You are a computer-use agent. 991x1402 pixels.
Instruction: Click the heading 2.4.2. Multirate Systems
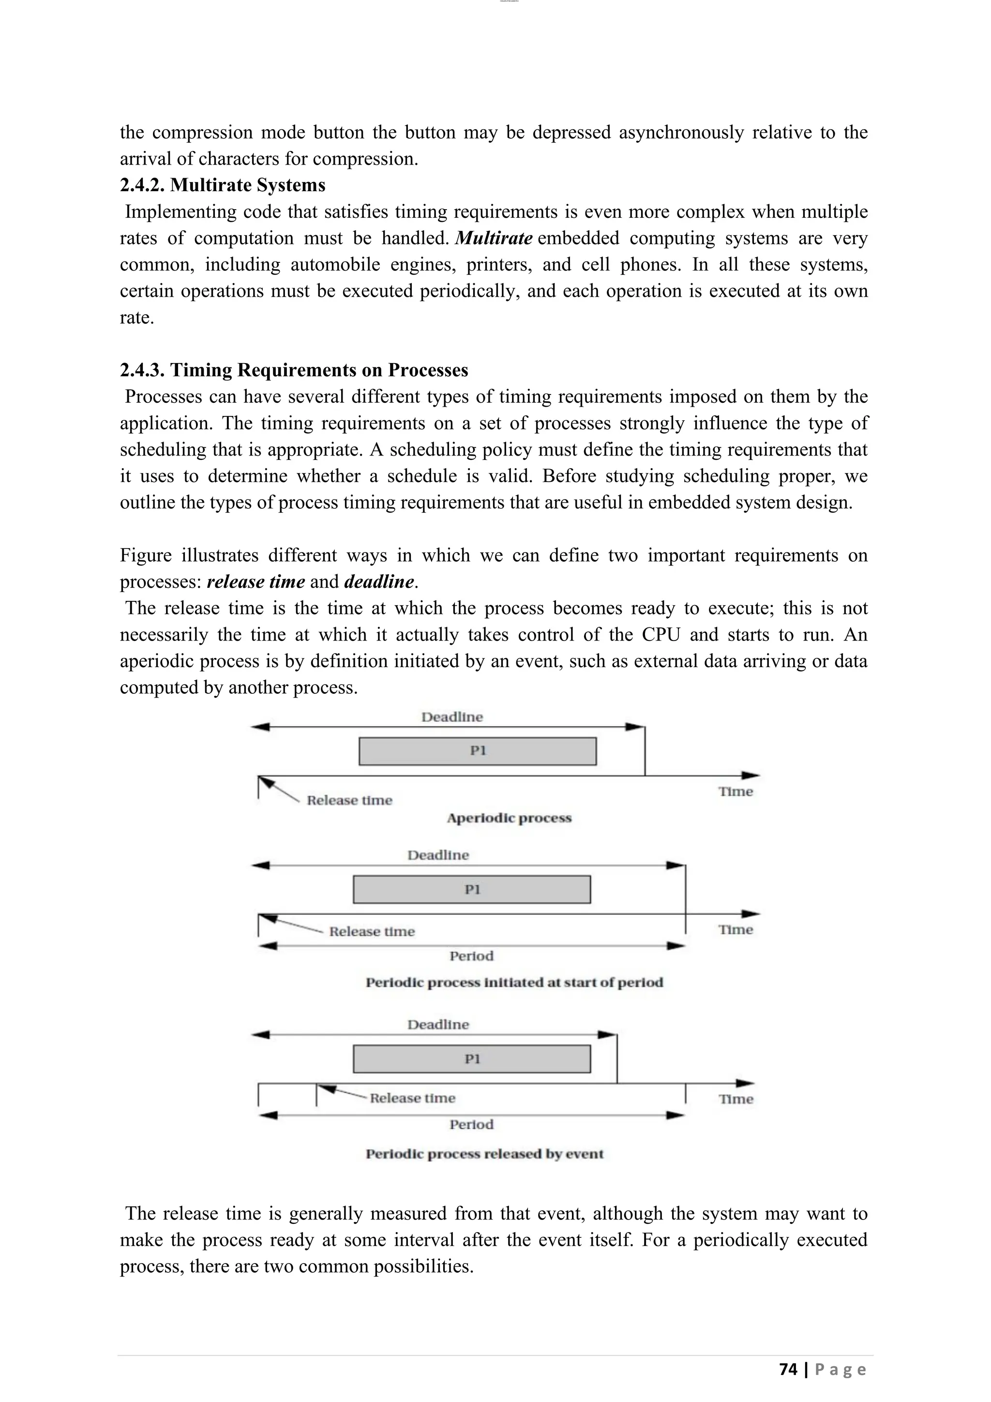pyautogui.click(x=222, y=185)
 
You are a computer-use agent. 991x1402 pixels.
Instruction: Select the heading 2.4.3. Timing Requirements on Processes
pyautogui.click(x=294, y=370)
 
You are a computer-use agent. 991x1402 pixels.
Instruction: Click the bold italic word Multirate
pyautogui.click(x=494, y=238)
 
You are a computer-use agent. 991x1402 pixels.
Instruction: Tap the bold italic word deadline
pyautogui.click(x=379, y=581)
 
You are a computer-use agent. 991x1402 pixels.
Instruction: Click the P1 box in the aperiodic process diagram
pyautogui.click(x=477, y=751)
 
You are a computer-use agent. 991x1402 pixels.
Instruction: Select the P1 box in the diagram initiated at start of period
pyautogui.click(x=472, y=890)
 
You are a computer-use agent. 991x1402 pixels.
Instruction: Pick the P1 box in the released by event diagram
pyautogui.click(x=472, y=1059)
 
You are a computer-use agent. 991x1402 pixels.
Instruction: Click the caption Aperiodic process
pyautogui.click(x=509, y=818)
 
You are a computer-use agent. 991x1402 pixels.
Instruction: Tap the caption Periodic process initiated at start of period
pyautogui.click(x=514, y=982)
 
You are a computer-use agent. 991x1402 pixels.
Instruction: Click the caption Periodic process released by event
pyautogui.click(x=484, y=1154)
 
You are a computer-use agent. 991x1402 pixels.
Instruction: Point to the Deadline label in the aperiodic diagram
pyautogui.click(x=451, y=717)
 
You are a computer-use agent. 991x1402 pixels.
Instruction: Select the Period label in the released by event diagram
pyautogui.click(x=471, y=1125)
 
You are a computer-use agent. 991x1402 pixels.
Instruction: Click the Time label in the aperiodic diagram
pyautogui.click(x=736, y=792)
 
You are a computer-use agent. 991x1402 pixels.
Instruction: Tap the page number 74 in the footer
pyautogui.click(x=788, y=1370)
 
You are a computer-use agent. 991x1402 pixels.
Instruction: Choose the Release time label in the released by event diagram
pyautogui.click(x=412, y=1098)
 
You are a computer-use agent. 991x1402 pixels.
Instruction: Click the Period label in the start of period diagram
pyautogui.click(x=471, y=956)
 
